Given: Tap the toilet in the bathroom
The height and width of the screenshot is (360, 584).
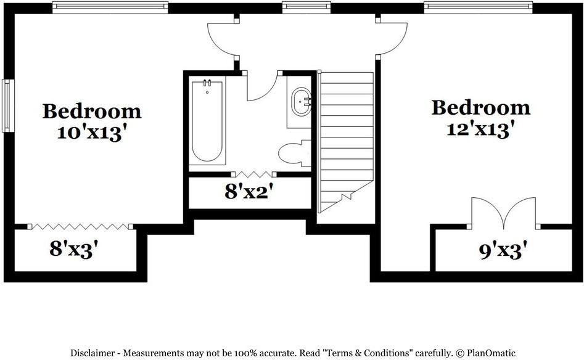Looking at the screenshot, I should [294, 153].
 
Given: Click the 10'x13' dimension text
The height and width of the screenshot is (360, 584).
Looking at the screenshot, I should [92, 133].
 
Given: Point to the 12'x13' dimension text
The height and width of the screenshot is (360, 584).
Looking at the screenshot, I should [480, 128].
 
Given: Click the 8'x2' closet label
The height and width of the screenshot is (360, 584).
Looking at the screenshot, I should [249, 192].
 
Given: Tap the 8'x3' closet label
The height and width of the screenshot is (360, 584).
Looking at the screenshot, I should [74, 249].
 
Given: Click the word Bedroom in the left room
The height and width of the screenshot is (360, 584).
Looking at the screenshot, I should [92, 112].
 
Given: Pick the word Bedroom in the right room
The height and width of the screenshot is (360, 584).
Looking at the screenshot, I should [480, 107].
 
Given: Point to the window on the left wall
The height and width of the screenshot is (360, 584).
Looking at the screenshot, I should [7, 105].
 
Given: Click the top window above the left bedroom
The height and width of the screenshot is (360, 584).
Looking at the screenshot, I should [110, 7].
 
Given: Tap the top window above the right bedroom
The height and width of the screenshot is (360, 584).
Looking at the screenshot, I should [478, 7].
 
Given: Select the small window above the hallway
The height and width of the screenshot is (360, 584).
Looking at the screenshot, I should [306, 7].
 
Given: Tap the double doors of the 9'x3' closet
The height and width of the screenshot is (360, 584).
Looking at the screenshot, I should [503, 213].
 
